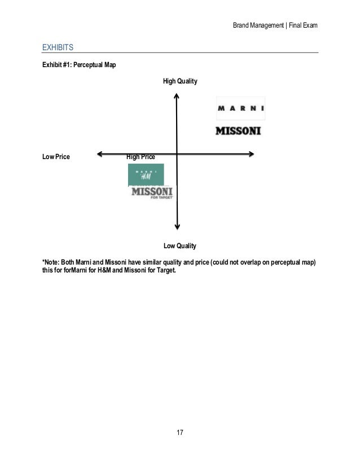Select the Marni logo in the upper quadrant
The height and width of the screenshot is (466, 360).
coord(241,109)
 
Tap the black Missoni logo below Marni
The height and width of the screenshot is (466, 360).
coord(239,131)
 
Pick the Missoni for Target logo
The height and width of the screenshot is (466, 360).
coord(152,193)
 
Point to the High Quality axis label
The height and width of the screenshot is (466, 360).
coord(180,82)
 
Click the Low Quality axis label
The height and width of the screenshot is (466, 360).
coord(179,246)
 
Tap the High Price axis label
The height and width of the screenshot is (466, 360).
coord(141,156)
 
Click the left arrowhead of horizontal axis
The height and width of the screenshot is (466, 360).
coord(99,153)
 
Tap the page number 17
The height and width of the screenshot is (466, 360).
coord(180,433)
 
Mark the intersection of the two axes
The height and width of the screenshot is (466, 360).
coord(177,153)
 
